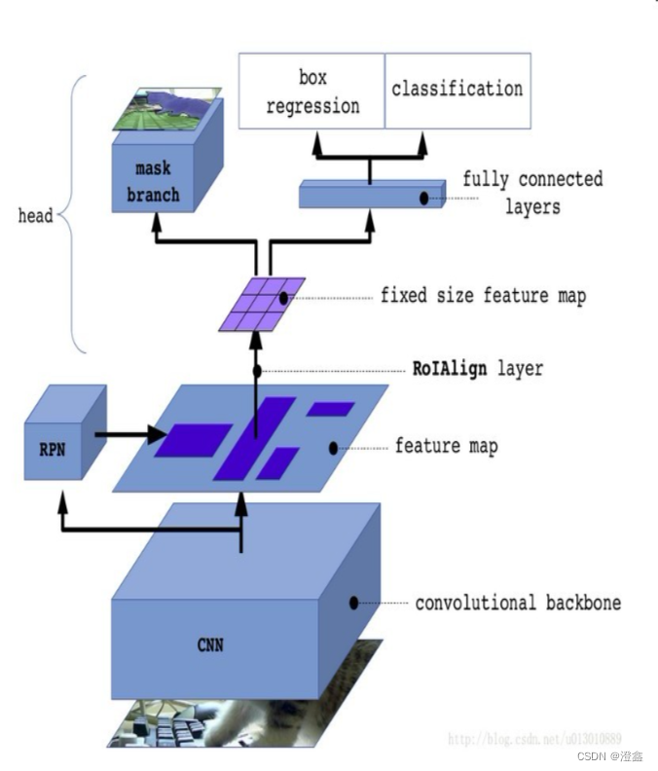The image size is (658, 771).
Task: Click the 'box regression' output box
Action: [x=311, y=91]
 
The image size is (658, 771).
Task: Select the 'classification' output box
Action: [x=457, y=90]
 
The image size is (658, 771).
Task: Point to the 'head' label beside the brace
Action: [x=35, y=215]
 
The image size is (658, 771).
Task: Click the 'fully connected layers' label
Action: [x=531, y=193]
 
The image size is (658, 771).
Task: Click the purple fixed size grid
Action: [x=261, y=303]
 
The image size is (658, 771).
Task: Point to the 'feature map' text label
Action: [x=446, y=447]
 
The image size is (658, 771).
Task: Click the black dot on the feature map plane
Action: [x=333, y=449]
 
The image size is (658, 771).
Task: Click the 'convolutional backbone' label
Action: [x=517, y=603]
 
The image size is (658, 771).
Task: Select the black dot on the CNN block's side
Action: [x=353, y=603]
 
